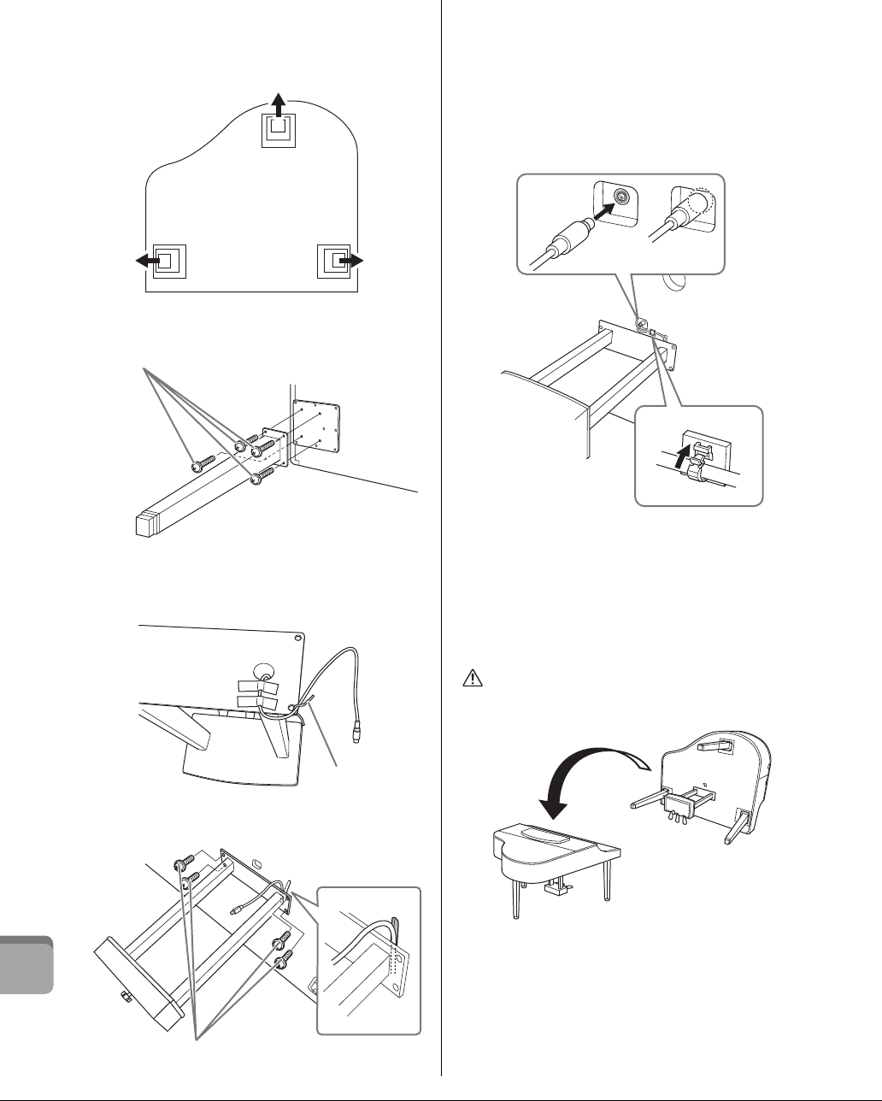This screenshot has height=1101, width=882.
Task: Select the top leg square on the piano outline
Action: tap(279, 129)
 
